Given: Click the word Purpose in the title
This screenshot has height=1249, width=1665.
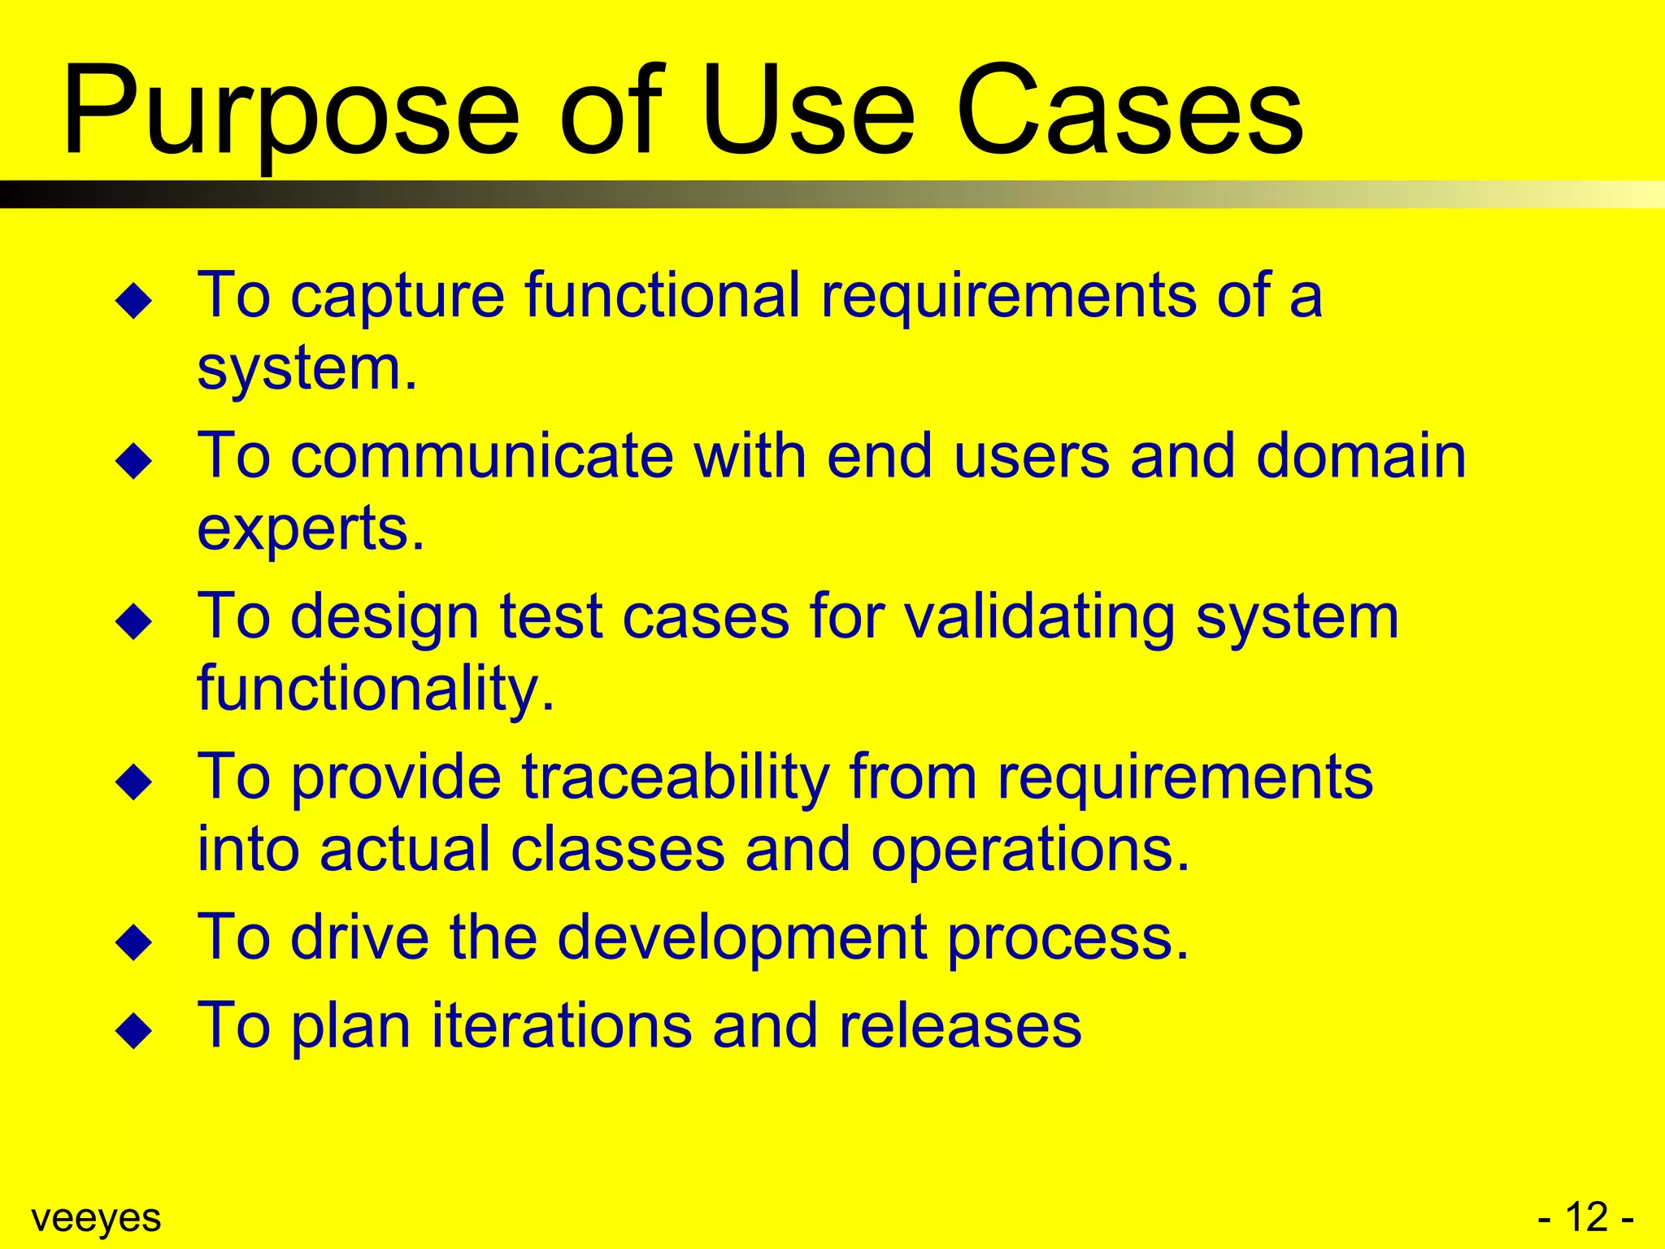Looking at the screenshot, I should click(290, 114).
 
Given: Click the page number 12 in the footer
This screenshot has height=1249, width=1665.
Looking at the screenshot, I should click(1586, 1217).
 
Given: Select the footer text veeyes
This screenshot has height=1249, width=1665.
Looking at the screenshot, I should click(96, 1218).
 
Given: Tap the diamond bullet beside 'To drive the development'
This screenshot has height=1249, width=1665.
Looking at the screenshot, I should click(134, 943).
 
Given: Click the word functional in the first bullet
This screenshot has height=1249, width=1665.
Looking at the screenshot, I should click(663, 294).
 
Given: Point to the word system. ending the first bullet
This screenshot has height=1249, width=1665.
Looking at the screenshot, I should click(307, 370).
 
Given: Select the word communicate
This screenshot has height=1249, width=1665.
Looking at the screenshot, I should click(482, 455).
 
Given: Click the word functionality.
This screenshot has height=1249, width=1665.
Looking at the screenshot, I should click(376, 690).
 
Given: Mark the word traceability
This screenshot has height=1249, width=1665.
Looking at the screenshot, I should click(675, 777).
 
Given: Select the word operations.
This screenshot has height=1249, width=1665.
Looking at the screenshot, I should click(1029, 850).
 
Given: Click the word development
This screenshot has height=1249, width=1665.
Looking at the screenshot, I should click(741, 938).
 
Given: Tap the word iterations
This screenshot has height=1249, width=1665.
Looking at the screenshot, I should click(561, 1025).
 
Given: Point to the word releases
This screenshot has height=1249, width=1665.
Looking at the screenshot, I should click(959, 1025).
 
